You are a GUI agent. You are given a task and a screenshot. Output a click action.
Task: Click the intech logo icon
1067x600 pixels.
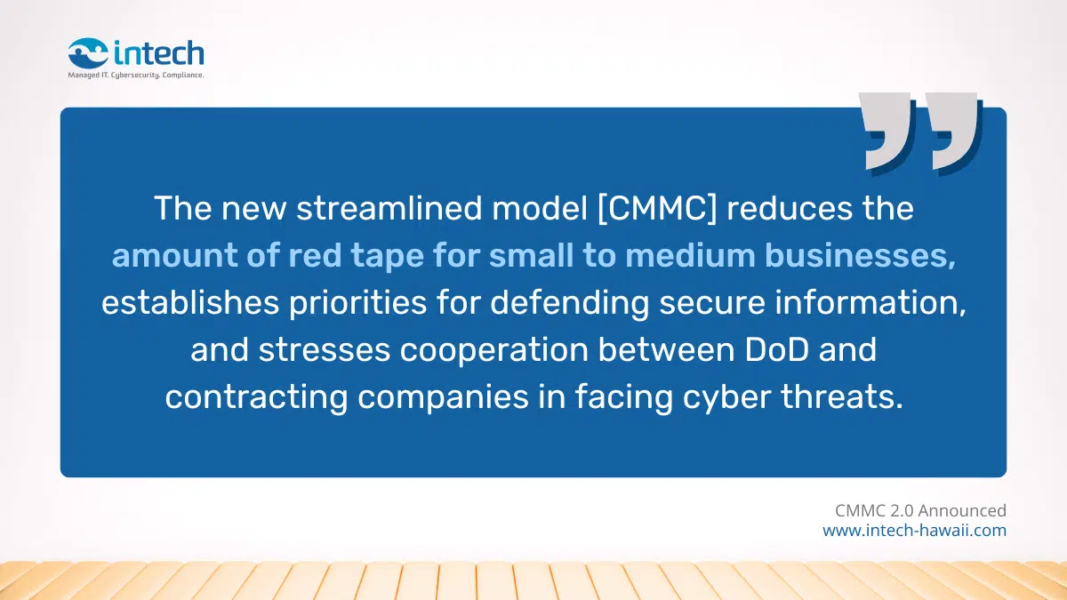(88, 52)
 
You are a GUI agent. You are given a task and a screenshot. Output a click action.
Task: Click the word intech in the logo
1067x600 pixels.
(159, 52)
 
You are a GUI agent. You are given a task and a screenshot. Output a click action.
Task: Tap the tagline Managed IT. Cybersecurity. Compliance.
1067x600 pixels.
(136, 76)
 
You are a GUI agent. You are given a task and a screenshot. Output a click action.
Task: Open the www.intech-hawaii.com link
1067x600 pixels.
(914, 531)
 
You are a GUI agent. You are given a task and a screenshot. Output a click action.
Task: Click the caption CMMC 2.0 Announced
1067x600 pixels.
(920, 510)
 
